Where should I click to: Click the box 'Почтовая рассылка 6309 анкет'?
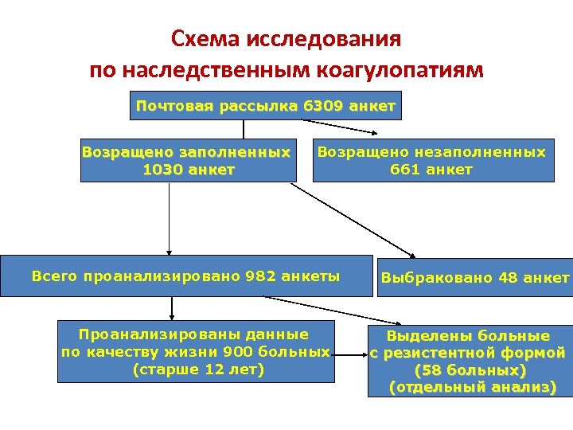click(266, 106)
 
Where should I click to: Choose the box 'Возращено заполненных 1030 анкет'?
click(186, 161)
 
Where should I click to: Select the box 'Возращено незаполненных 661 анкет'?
click(432, 161)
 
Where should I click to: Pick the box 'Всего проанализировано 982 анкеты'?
click(185, 276)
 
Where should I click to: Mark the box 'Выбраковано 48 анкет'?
click(475, 278)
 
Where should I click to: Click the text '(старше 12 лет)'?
click(197, 369)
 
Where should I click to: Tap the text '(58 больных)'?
click(470, 370)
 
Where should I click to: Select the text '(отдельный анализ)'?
click(470, 388)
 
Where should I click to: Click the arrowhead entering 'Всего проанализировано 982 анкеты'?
click(168, 250)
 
